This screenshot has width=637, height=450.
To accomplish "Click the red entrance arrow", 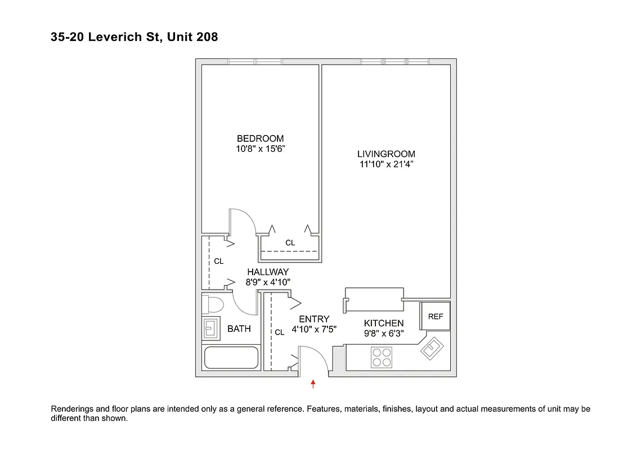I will [x=313, y=384].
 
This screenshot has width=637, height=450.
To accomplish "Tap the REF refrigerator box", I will [x=436, y=317].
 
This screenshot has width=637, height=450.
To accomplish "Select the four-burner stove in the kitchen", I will [x=382, y=357].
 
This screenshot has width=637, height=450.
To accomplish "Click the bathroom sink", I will [x=212, y=328].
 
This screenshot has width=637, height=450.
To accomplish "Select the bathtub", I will [x=231, y=358].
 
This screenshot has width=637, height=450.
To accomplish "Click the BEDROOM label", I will [x=260, y=138].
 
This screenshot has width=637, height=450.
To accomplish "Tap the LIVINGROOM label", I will [x=386, y=154].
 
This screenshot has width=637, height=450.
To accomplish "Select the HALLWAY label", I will [x=268, y=272].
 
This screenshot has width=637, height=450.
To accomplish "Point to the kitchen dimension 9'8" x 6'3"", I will [x=383, y=334].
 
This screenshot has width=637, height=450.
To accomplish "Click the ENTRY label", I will [x=314, y=319].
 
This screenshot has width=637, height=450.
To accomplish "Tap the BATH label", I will [x=239, y=329].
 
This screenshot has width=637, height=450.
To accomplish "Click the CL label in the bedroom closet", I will [x=290, y=243].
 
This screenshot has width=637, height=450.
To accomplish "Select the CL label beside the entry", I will [x=280, y=332].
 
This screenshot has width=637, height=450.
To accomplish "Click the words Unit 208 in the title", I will [x=191, y=38].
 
